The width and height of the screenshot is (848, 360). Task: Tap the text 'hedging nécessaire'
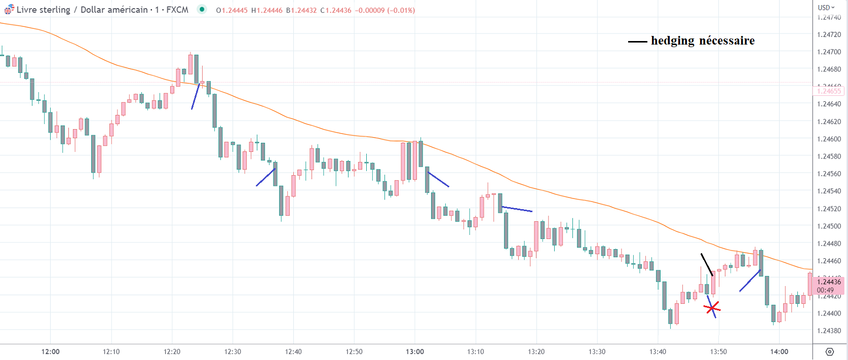click(x=703, y=41)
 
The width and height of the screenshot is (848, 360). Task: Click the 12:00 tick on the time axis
click(x=50, y=351)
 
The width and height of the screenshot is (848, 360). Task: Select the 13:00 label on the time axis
click(x=415, y=351)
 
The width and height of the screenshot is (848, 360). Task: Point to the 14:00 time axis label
click(x=779, y=351)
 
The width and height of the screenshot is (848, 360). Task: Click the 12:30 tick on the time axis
click(x=233, y=351)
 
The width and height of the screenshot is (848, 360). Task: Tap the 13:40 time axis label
click(x=658, y=351)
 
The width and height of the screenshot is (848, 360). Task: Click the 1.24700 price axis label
click(x=829, y=52)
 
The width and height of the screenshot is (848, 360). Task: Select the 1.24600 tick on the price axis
click(x=829, y=139)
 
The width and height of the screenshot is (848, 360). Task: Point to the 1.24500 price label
click(x=829, y=226)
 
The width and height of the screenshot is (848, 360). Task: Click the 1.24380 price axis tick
click(x=829, y=331)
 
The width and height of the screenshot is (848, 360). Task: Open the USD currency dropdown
click(x=826, y=8)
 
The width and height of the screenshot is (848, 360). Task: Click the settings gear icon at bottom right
click(x=829, y=352)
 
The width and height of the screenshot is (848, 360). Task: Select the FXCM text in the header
click(x=177, y=10)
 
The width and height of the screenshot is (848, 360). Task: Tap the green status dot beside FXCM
click(x=202, y=9)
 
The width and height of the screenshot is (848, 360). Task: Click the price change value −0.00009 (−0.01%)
click(x=385, y=10)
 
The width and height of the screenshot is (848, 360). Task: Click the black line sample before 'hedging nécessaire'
click(x=637, y=42)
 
